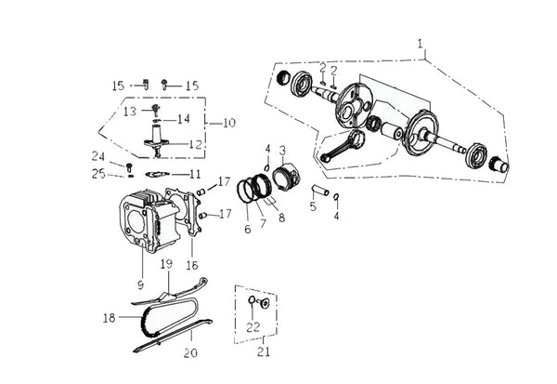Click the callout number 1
(x=421, y=44)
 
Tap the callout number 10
(x=229, y=123)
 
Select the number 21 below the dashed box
(x=264, y=352)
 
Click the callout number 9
(x=141, y=285)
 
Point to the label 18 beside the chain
(x=109, y=318)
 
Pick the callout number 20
(x=190, y=352)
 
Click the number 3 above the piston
(x=282, y=151)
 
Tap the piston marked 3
(x=288, y=176)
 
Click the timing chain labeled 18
(x=167, y=319)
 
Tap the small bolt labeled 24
(x=129, y=166)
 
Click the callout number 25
(x=98, y=174)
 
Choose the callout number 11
(x=195, y=175)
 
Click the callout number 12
(x=195, y=144)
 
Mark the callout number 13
(x=130, y=112)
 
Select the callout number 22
(x=253, y=327)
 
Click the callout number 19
(x=166, y=264)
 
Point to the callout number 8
(x=281, y=218)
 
